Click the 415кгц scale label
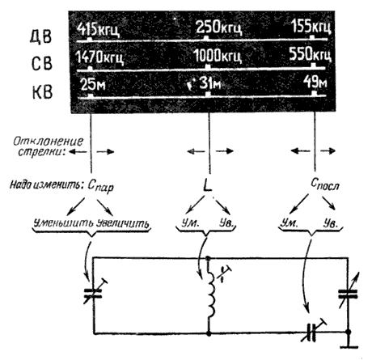pos(98,30)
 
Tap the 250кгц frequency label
pos(218,28)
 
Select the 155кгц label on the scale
pos(311,27)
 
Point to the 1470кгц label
pos(99,57)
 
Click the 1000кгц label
pos(218,56)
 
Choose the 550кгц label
pos(310,54)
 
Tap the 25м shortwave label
pos(93,84)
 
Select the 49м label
pos(315,82)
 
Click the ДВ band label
pos(40,36)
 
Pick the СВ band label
pos(41,64)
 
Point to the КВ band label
pos(42,92)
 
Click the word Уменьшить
pos(63,223)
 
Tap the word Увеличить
pos(123,223)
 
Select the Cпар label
pos(100,186)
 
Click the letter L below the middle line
pos(207,185)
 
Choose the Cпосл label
pos(325,184)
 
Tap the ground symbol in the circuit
pos(349,343)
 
